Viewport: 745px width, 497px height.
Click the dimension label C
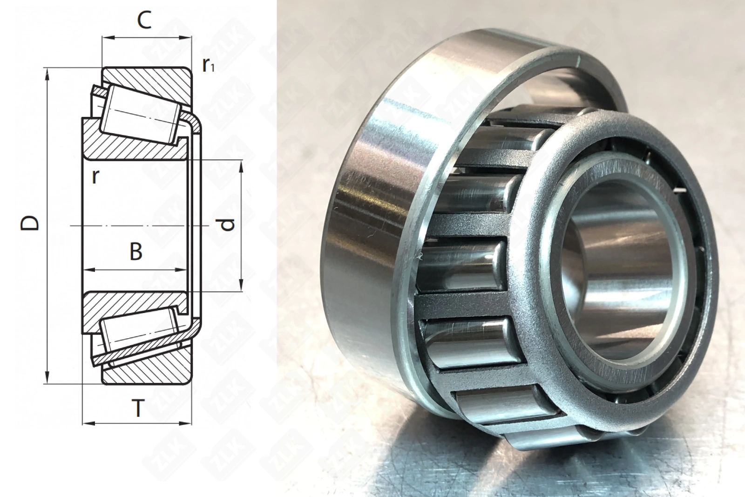click(144, 20)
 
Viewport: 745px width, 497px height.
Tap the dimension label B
click(136, 252)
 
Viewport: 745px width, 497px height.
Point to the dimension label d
click(228, 225)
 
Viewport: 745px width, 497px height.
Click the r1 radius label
click(208, 66)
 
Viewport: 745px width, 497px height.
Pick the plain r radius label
click(95, 177)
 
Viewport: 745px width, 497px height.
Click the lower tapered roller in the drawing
click(140, 336)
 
